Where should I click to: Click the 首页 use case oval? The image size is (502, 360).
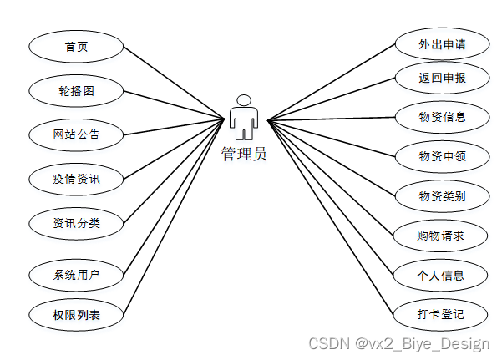(x=76, y=47)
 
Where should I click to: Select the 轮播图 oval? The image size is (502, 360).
(x=76, y=90)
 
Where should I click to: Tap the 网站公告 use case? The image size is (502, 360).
(x=76, y=134)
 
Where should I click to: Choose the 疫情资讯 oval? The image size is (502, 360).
(x=76, y=177)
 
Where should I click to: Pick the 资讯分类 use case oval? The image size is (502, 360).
(x=76, y=222)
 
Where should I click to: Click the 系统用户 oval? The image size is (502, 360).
(x=76, y=273)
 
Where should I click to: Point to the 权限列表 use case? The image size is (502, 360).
(x=76, y=315)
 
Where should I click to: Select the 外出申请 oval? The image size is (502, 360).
(x=441, y=43)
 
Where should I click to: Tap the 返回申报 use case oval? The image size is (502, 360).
(x=441, y=79)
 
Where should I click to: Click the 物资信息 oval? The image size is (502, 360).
(x=441, y=116)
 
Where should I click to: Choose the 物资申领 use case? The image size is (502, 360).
(x=441, y=155)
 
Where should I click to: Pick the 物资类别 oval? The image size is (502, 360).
(x=441, y=196)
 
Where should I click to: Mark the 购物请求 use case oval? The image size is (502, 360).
(x=441, y=236)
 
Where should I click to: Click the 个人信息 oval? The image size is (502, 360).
(x=441, y=275)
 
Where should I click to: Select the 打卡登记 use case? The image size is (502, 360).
(x=441, y=314)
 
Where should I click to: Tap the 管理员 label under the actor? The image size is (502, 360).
(x=244, y=154)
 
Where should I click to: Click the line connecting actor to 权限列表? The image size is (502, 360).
(x=175, y=218)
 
